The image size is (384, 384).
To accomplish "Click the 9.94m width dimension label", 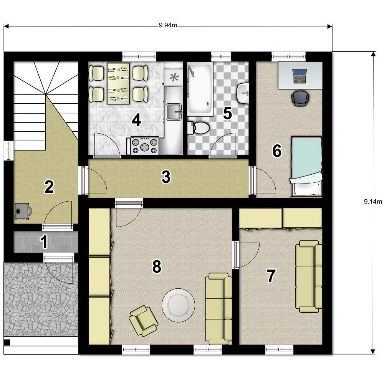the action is (168, 25).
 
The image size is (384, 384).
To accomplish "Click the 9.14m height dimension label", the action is (373, 202).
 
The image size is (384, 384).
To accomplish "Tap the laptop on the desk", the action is (300, 76).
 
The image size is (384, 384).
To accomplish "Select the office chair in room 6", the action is (300, 98).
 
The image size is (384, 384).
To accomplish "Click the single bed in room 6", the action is (306, 167).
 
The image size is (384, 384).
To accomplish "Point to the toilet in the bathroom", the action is (199, 128).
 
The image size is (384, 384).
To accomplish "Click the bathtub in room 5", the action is (200, 89).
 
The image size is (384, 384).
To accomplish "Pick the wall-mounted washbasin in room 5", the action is (243, 93).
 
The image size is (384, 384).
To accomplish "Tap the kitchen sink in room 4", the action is (174, 112).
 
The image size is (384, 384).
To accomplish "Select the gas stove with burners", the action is (145, 146).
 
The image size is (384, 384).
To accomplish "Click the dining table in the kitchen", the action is (118, 83).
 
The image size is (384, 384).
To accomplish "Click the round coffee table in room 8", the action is (178, 305).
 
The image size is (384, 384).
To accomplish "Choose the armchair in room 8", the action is (144, 321).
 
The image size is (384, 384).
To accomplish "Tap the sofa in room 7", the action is (309, 276).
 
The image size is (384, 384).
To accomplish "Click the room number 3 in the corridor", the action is (166, 177).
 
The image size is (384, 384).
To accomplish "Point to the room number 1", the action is (44, 242).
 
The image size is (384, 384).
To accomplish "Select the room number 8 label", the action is (157, 266).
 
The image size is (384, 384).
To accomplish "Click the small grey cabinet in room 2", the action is (22, 210).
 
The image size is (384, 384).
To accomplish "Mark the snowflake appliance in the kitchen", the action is (174, 78).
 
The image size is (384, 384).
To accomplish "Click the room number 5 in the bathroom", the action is (227, 113).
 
